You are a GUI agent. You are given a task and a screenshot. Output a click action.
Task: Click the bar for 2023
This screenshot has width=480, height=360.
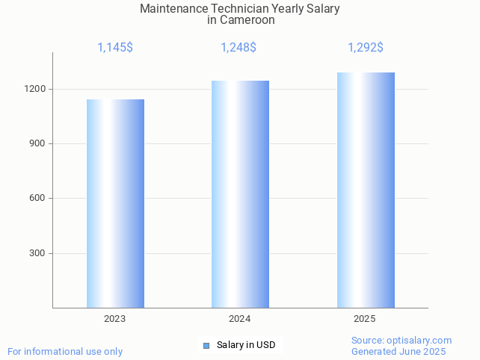[115, 203]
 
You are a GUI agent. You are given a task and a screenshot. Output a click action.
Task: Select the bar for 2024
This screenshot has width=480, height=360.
[240, 194]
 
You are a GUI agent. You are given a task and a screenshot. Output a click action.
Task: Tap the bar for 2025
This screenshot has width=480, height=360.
[366, 190]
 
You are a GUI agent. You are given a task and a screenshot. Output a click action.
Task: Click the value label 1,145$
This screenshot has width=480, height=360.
[115, 48]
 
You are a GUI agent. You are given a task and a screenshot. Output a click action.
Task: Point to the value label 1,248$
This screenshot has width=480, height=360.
[239, 48]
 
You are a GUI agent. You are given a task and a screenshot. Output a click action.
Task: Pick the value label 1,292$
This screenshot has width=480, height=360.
[366, 48]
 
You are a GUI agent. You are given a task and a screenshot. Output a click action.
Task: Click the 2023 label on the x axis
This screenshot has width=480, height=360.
[114, 319]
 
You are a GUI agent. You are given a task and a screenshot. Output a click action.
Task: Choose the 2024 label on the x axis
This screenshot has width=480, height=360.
[239, 319]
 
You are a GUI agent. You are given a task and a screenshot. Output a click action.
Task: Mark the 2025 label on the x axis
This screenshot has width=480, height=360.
[365, 319]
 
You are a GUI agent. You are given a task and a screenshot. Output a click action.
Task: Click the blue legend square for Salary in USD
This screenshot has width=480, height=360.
[206, 345]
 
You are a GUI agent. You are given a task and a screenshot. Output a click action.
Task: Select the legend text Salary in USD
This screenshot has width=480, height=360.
[246, 345]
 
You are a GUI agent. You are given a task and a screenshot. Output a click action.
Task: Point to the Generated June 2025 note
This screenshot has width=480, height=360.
[399, 352]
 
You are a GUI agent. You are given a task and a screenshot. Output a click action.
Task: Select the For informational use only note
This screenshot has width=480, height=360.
[65, 352]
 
